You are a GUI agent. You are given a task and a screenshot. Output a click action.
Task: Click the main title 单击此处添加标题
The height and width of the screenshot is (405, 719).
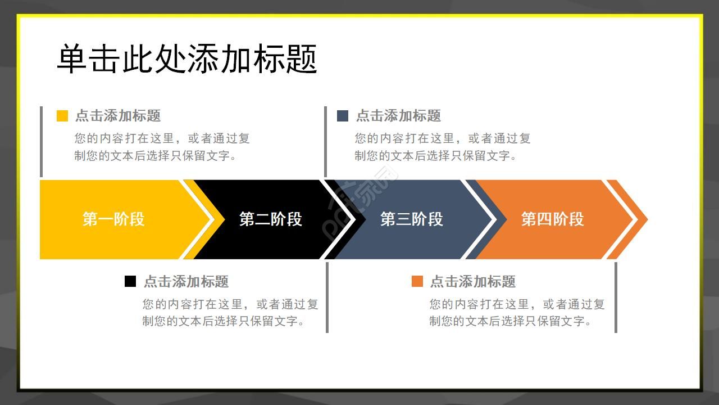pos(187,59)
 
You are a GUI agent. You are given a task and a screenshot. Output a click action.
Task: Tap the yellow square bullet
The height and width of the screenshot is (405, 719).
pos(62,116)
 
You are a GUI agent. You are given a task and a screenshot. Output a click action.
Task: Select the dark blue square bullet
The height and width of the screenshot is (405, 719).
pos(343,116)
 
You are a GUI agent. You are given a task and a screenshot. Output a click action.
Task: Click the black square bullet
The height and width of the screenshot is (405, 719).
pos(130,281)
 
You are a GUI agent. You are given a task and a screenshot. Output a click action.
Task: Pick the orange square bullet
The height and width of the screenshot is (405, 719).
pos(417,281)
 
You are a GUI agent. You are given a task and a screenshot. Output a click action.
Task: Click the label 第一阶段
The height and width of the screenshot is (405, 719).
pos(113,219)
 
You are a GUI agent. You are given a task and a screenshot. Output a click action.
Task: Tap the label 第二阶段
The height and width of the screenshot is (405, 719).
pos(271,219)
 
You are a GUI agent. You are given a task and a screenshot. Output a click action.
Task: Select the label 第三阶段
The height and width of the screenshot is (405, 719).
pos(412,219)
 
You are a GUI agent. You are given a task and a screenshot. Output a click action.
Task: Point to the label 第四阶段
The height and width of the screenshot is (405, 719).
pos(553,219)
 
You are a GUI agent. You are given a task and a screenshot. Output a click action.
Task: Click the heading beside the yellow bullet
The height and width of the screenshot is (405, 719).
pos(118,116)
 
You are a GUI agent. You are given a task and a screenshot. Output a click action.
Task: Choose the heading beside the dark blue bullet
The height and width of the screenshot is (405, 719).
pos(399,116)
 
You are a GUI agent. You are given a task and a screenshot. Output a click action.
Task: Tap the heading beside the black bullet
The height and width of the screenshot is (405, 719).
pos(186,281)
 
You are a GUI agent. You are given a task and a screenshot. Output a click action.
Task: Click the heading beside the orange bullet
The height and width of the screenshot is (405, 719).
pos(473,281)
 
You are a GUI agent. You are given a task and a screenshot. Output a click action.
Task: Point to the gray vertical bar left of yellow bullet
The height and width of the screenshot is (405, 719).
pos(41,141)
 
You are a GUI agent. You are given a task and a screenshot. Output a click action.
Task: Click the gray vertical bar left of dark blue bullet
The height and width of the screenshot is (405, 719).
pos(325,141)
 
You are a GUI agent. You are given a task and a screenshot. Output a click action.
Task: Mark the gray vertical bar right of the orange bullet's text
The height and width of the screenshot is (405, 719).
pos(616,297)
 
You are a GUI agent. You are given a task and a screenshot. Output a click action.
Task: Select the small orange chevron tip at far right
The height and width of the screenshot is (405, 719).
pos(632,219)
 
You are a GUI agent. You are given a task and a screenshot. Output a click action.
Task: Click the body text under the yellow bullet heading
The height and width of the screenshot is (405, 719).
pos(162,147)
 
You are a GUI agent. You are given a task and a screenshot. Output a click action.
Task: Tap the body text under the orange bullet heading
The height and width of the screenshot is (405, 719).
pos(517,313)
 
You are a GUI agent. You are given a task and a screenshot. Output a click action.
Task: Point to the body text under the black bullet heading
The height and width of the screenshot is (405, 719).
pos(230,313)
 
